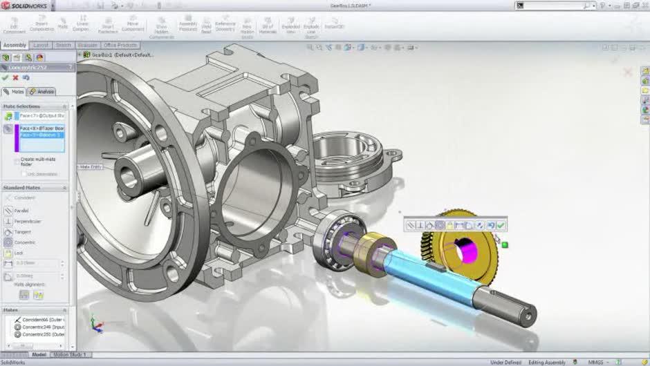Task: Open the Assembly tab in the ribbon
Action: (x=14, y=45)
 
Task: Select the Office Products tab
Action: (x=120, y=45)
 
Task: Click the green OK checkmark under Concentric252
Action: (x=6, y=78)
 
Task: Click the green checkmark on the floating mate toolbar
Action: (x=501, y=225)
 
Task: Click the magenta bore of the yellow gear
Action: (x=463, y=248)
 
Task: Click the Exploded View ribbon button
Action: (x=290, y=26)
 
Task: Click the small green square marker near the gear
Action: (x=505, y=244)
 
